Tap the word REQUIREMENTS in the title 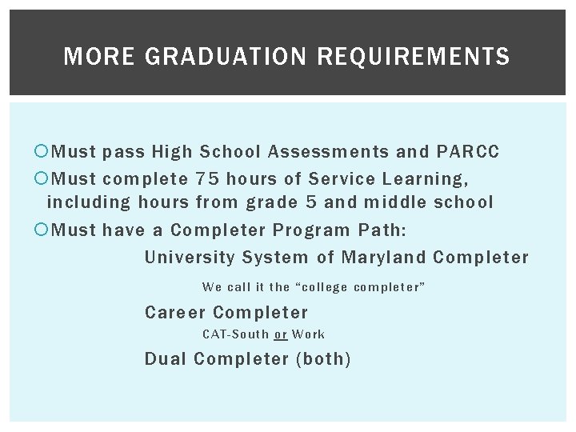tap(414, 57)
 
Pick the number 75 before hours tap(207, 178)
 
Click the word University tap(190, 258)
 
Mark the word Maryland tap(383, 258)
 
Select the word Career tap(175, 313)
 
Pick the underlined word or tap(280, 334)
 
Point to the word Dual tap(166, 359)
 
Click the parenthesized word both tap(323, 359)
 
